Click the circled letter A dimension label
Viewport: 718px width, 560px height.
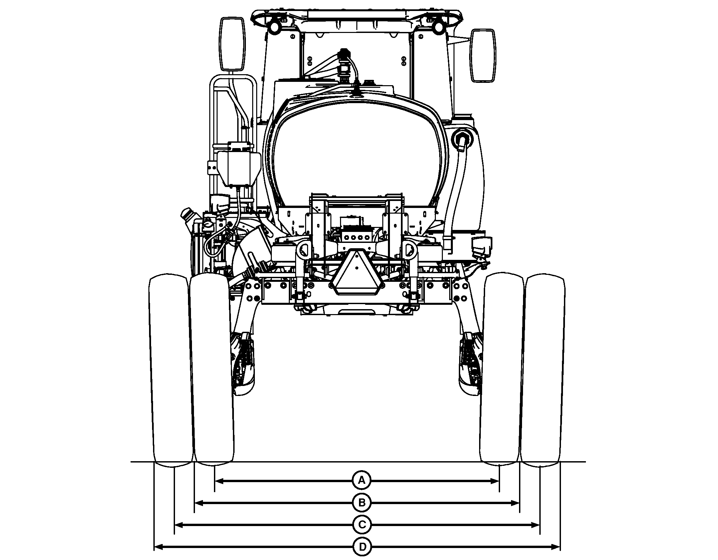click(x=362, y=480)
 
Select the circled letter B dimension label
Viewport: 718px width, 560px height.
click(x=362, y=503)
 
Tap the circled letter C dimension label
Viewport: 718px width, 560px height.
click(x=362, y=525)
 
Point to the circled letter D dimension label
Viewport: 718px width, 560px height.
click(x=362, y=547)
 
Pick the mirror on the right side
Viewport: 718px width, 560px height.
click(x=482, y=55)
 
